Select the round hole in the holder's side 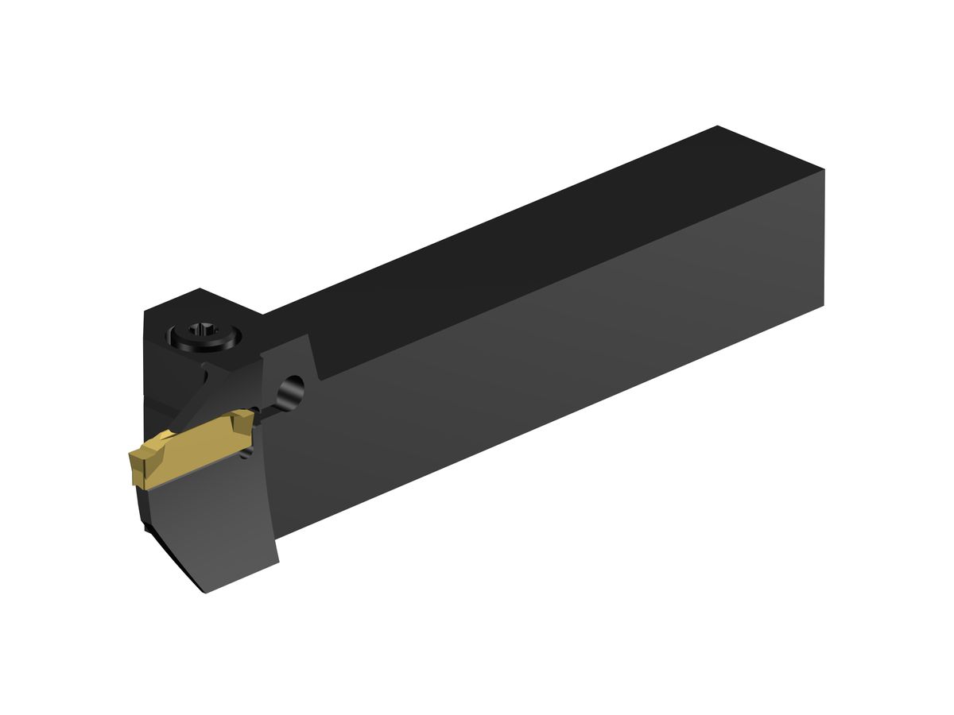tap(292, 390)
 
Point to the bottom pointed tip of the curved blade tap(205, 592)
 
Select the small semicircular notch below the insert tap(248, 453)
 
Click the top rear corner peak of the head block tap(200, 289)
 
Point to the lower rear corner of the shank tap(824, 305)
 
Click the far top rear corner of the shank tap(717, 126)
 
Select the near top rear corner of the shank tap(824, 170)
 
